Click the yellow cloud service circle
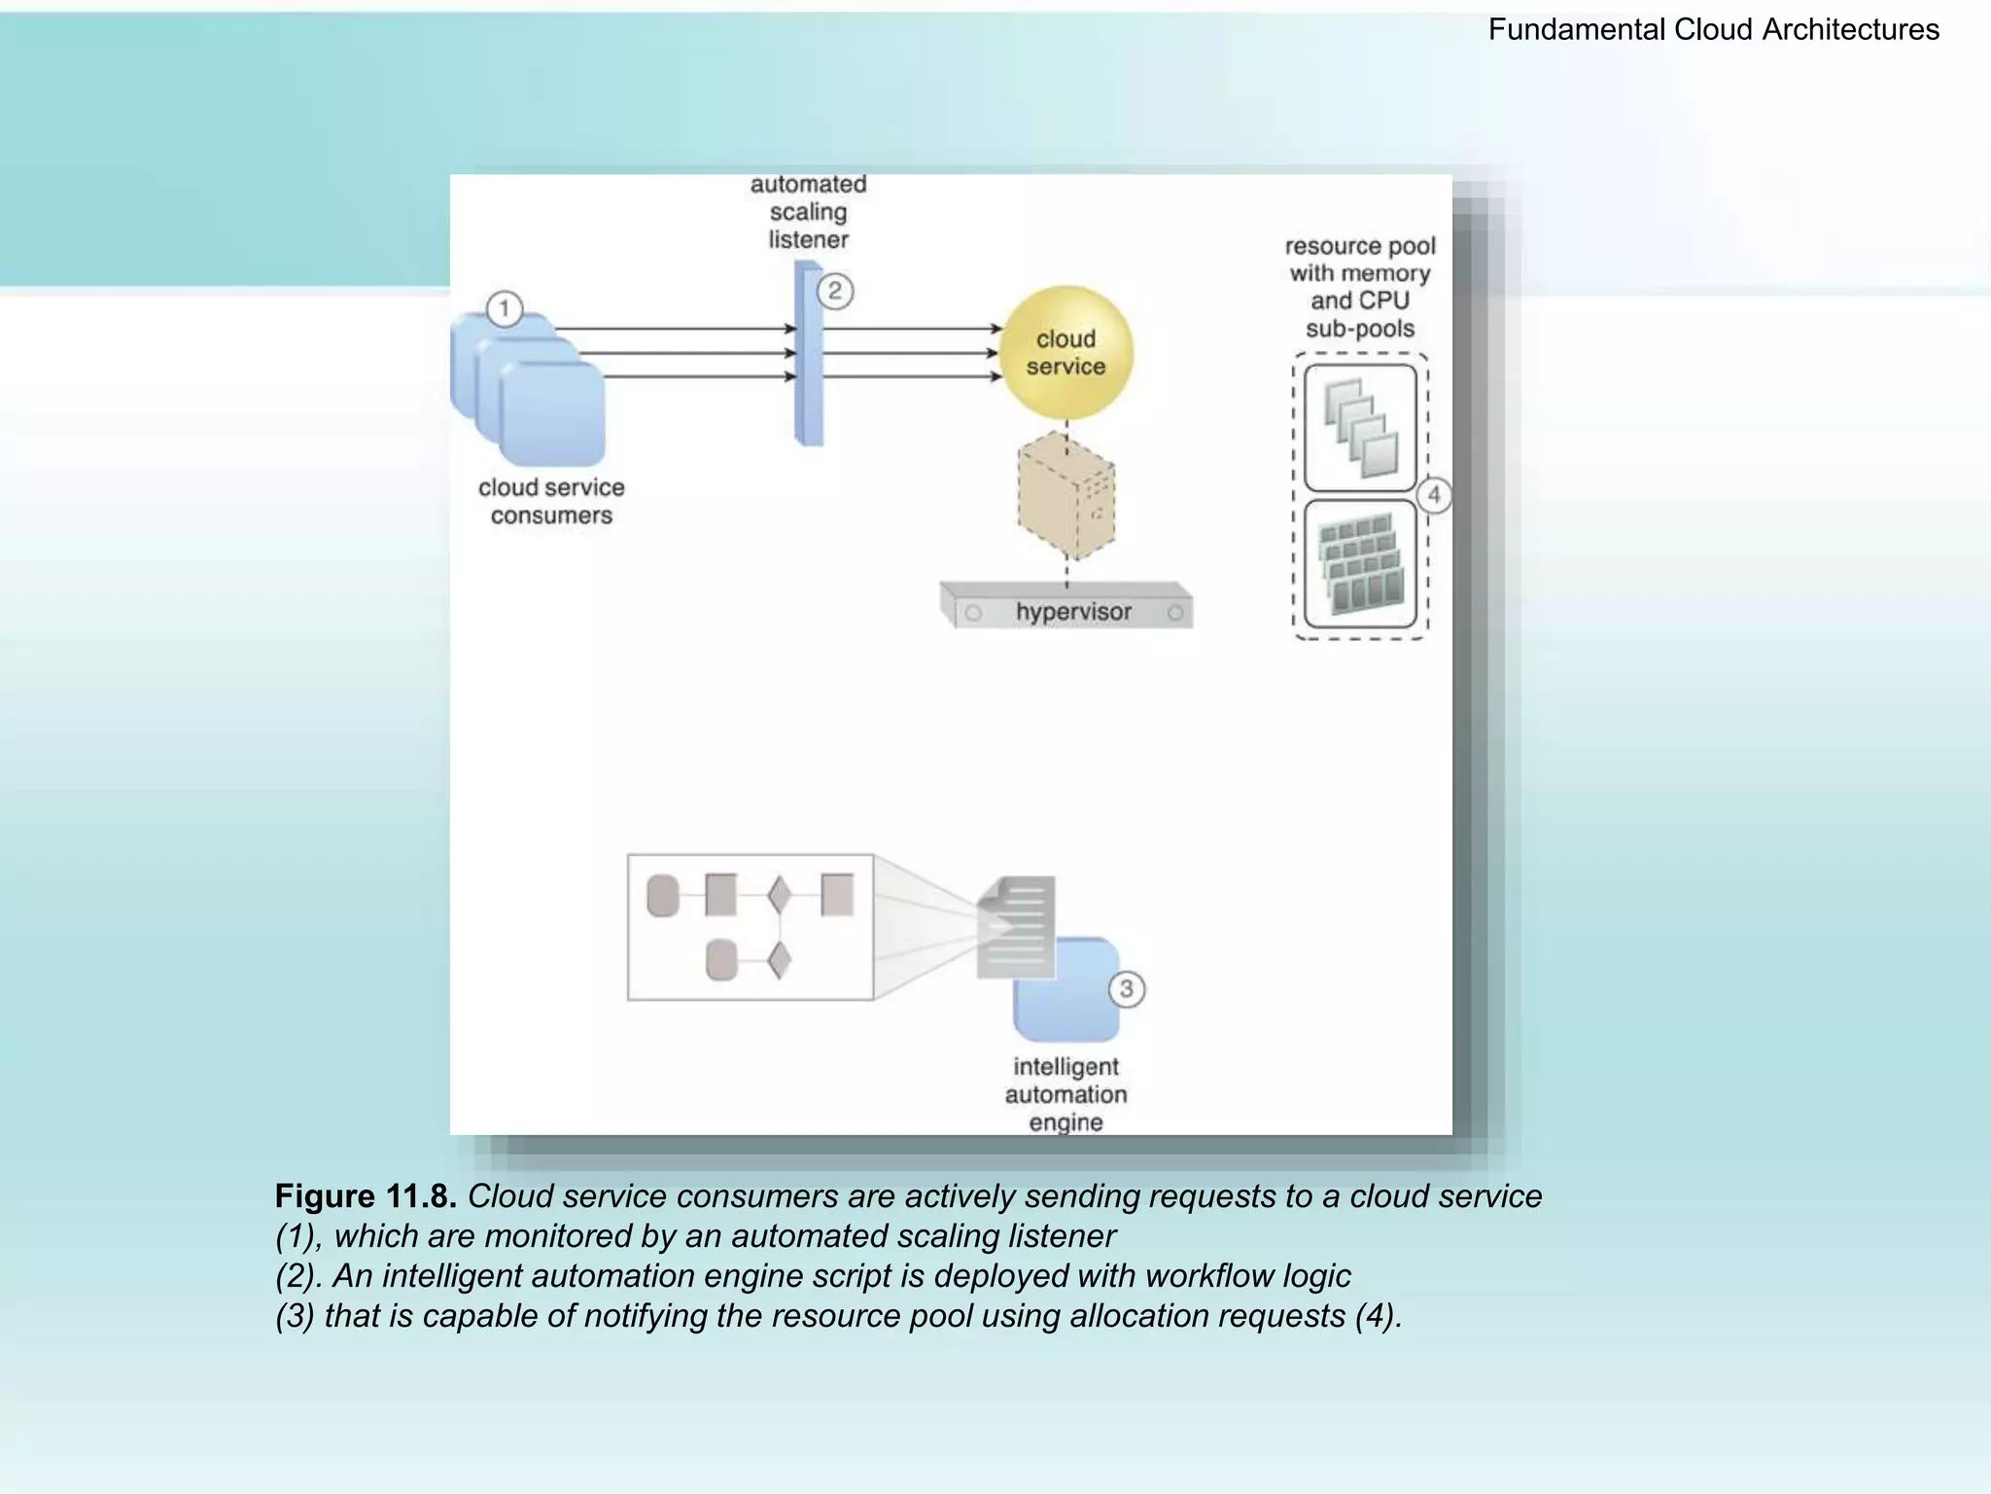[x=1066, y=352]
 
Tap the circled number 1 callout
[x=504, y=309]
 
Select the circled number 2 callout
[x=835, y=291]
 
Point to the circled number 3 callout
[x=1127, y=989]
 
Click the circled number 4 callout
[x=1434, y=494]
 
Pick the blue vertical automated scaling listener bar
[x=809, y=354]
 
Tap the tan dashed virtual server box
[x=1066, y=497]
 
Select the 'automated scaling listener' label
[x=808, y=212]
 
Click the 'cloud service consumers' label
[x=551, y=501]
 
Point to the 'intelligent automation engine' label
[x=1065, y=1094]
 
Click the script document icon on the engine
[x=1017, y=926]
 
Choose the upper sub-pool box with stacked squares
[x=1360, y=427]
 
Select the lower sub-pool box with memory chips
[x=1360, y=565]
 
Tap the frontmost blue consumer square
[x=553, y=414]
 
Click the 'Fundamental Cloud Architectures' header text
[x=1713, y=30]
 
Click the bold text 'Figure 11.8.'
[x=366, y=1196]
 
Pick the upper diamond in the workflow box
[x=779, y=895]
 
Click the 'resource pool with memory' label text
[x=1359, y=260]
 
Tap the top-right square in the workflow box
[x=837, y=895]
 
